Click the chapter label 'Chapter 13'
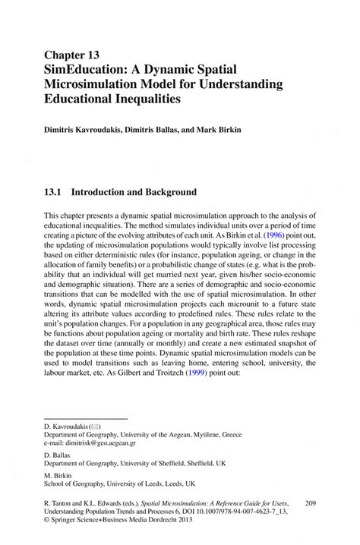tap(72, 55)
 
